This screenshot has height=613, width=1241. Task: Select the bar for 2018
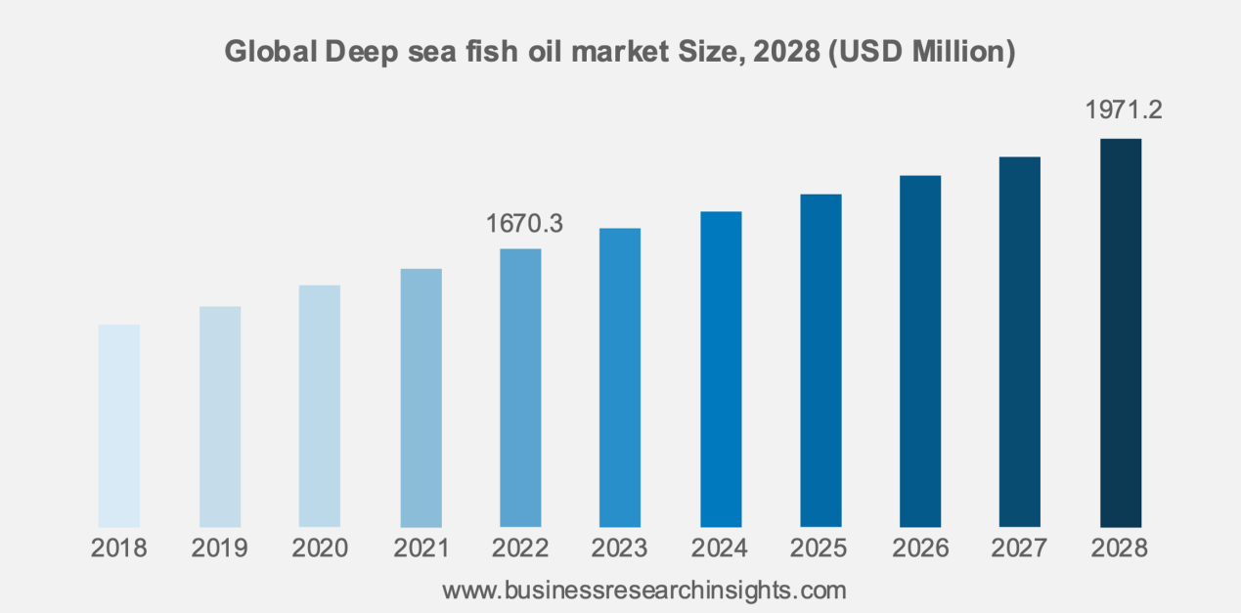[x=119, y=426]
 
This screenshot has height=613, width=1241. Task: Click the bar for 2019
[x=220, y=417]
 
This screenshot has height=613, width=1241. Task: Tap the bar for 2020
[x=320, y=407]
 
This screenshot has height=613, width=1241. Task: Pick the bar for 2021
[x=421, y=398]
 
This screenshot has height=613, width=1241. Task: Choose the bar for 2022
[x=520, y=388]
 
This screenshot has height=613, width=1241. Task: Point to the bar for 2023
[x=620, y=378]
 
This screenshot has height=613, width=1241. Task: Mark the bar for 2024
[x=721, y=370]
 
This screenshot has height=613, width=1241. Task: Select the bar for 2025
[x=820, y=361]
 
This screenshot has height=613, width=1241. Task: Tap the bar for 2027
[x=1020, y=342]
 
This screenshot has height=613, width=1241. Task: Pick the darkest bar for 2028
[x=1121, y=333]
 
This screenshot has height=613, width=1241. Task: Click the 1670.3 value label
[x=524, y=224]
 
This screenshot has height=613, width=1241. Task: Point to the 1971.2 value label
[x=1124, y=110]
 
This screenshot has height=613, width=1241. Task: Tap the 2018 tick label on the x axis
[x=119, y=548]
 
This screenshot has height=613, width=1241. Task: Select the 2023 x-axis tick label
[x=620, y=548]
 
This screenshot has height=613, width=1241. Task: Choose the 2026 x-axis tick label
[x=920, y=548]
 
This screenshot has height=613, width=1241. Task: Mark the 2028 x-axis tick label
[x=1121, y=548]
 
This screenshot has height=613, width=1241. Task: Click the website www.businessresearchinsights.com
[x=644, y=591]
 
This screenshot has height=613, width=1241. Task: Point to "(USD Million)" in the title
[x=922, y=52]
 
